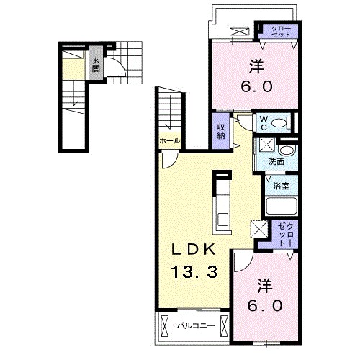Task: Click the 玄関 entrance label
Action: (96, 65)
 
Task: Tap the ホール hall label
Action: (170, 140)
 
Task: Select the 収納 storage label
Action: (221, 131)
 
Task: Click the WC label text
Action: (264, 123)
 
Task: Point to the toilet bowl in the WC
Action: (279, 124)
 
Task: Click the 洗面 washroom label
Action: (276, 162)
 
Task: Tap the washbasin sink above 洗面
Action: (286, 150)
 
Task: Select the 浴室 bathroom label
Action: (282, 186)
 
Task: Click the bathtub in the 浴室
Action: (282, 205)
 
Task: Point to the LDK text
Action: (193, 250)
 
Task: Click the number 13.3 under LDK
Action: (194, 271)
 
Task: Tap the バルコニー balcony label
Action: (196, 326)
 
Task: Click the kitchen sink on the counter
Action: (223, 219)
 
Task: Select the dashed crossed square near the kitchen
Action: (259, 229)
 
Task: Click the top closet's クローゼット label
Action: (282, 32)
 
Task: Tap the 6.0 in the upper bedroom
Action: (256, 86)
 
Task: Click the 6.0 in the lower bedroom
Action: (265, 305)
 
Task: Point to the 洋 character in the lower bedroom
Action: (265, 286)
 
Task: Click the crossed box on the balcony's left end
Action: (164, 326)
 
